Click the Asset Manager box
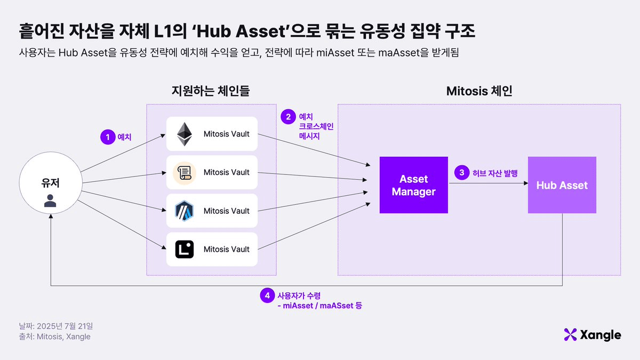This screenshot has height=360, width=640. [x=413, y=185]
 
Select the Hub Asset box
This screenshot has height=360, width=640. [x=562, y=185]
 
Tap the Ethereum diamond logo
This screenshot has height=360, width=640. [x=185, y=134]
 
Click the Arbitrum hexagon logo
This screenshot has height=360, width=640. [x=185, y=211]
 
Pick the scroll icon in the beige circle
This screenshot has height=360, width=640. [x=185, y=173]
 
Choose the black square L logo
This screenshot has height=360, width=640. [x=185, y=249]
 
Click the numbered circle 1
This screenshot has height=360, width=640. [x=108, y=137]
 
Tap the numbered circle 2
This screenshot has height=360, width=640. [x=288, y=117]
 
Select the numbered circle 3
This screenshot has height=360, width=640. [x=462, y=173]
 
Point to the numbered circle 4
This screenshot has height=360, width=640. [x=267, y=295]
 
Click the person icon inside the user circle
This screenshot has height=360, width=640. [x=50, y=201]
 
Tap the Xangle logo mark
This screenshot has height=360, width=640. [x=570, y=334]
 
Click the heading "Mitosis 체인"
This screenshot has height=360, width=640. [x=479, y=91]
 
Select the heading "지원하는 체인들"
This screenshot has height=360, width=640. [x=211, y=91]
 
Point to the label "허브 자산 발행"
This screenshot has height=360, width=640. [x=495, y=173]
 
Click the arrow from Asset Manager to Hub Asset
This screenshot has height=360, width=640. [x=489, y=183]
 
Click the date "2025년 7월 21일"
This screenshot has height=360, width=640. [x=65, y=326]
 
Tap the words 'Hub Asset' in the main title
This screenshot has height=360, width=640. [x=242, y=31]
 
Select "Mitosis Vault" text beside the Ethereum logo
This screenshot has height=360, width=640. [x=226, y=134]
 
